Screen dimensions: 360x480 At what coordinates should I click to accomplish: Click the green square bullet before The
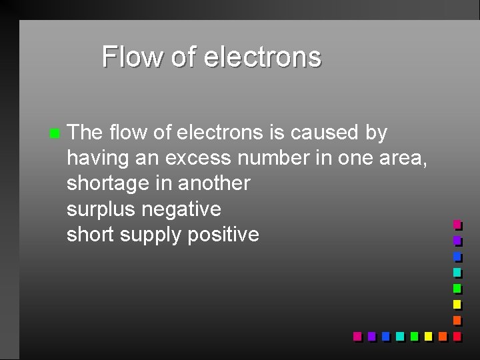(53, 133)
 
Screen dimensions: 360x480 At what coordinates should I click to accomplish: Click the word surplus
(101, 209)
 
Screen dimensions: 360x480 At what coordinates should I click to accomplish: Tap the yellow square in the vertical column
(457, 304)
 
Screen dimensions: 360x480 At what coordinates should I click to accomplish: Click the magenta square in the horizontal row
(357, 336)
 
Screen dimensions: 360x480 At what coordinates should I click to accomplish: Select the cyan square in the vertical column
(457, 272)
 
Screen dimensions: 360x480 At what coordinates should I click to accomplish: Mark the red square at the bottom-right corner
(457, 336)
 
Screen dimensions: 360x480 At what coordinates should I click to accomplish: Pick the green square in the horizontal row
(414, 336)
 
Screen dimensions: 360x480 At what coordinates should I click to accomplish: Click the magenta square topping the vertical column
(457, 225)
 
